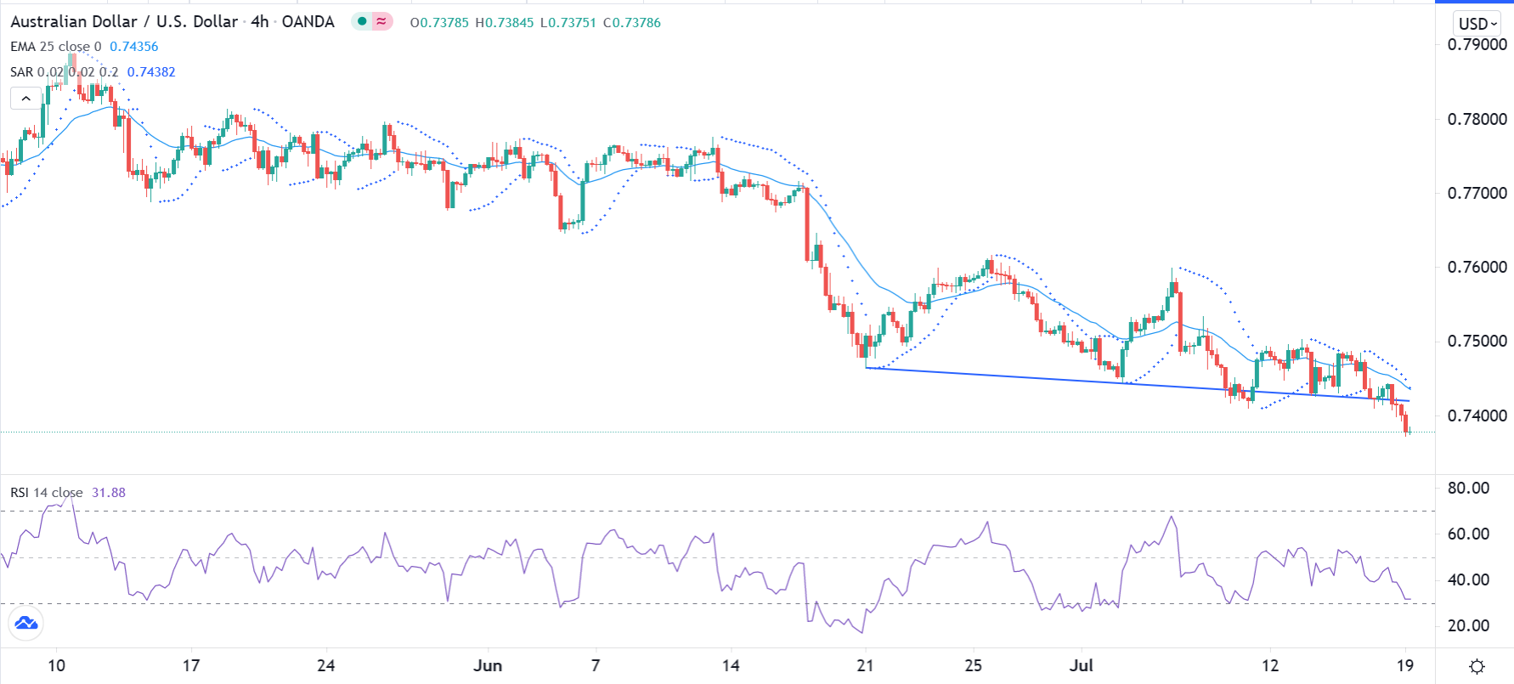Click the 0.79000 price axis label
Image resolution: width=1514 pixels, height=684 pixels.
pyautogui.click(x=1477, y=45)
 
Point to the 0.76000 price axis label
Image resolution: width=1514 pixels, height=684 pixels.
pyautogui.click(x=1477, y=267)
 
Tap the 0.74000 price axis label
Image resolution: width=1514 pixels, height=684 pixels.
pyautogui.click(x=1477, y=415)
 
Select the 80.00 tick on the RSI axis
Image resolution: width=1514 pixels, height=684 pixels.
pyautogui.click(x=1468, y=488)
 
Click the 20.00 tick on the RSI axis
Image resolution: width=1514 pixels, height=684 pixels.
pyautogui.click(x=1468, y=625)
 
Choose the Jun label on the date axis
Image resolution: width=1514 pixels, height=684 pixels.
pyautogui.click(x=488, y=665)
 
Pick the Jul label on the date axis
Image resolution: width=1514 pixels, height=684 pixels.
pyautogui.click(x=1081, y=665)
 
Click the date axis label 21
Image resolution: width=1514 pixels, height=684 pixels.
pyautogui.click(x=865, y=665)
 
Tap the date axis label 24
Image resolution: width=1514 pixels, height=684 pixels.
pyautogui.click(x=325, y=665)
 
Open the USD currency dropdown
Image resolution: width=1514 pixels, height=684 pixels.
pyautogui.click(x=1477, y=24)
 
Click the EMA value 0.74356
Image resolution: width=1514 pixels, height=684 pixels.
pyautogui.click(x=133, y=47)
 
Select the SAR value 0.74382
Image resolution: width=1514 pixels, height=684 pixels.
pyautogui.click(x=151, y=72)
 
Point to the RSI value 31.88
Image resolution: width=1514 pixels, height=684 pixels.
pyautogui.click(x=109, y=493)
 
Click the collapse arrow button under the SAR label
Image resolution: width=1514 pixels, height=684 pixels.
pyautogui.click(x=26, y=99)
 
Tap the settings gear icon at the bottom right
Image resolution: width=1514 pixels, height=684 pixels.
pyautogui.click(x=1477, y=666)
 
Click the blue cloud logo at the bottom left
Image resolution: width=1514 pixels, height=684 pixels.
pyautogui.click(x=26, y=624)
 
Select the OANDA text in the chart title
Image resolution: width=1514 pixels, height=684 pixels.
pyautogui.click(x=308, y=22)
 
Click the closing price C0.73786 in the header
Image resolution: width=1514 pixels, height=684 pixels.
pyautogui.click(x=631, y=23)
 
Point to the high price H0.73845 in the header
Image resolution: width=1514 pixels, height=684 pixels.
pyautogui.click(x=504, y=23)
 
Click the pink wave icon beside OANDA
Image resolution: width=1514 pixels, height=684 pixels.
pyautogui.click(x=381, y=22)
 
